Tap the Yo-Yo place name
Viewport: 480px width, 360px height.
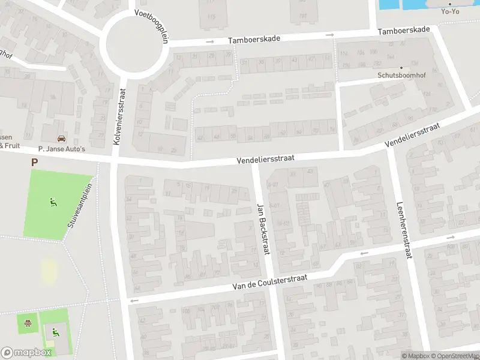pos(449,11)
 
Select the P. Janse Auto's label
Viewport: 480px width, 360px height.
pos(62,148)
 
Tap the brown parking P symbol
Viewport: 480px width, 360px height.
pos(34,162)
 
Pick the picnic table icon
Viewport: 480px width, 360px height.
pos(28,325)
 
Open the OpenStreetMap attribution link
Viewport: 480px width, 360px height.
pos(453,356)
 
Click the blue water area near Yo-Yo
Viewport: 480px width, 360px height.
pos(396,4)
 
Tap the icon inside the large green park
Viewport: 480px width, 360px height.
pos(53,202)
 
